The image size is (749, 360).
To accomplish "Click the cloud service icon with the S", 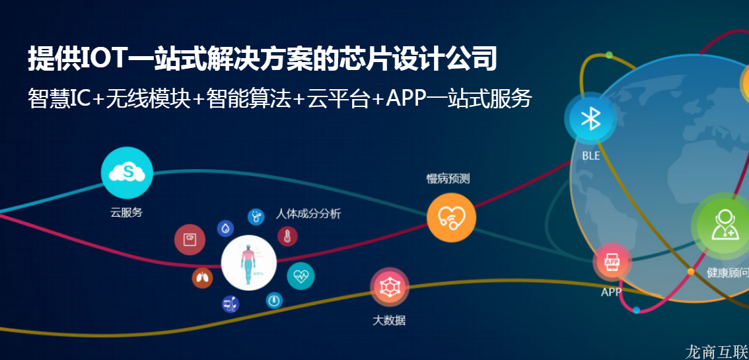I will point(127,173).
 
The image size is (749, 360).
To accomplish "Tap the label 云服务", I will point(127,213).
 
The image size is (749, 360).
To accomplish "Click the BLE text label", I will point(591,156).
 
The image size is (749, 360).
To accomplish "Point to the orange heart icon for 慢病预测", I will point(451,217).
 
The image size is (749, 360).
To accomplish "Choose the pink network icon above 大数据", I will point(389,287).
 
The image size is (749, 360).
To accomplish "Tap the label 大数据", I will point(389,320).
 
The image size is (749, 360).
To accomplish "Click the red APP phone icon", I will point(612,262).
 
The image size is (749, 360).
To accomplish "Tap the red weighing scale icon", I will point(190,239).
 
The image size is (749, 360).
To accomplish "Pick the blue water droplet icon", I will point(226,228).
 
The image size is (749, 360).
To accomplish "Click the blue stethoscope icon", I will point(256,216).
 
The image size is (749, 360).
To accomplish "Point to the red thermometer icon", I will point(287,236).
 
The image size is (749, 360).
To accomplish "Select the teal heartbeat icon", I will point(301,275).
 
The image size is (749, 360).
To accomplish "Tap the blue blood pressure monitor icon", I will point(231,304).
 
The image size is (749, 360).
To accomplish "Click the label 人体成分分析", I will point(308,213).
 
